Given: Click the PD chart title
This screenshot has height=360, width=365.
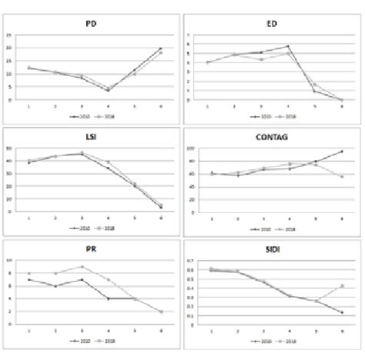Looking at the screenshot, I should [x=92, y=24].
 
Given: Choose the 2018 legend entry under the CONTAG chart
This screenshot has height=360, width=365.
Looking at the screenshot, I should [x=288, y=229].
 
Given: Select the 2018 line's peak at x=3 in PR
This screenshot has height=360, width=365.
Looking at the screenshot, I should [x=82, y=267].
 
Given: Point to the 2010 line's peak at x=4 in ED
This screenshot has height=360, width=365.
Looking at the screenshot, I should [x=287, y=46].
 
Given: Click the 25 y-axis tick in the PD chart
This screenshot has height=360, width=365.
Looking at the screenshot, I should [x=8, y=35].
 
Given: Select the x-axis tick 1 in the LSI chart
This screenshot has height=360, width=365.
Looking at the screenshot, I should [x=29, y=218].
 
